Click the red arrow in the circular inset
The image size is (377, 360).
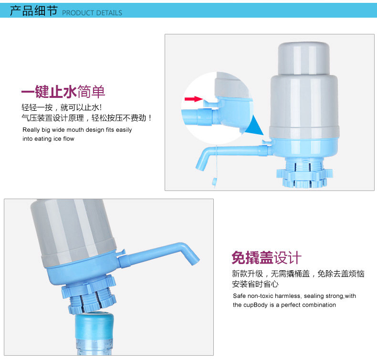pyautogui.click(x=194, y=99)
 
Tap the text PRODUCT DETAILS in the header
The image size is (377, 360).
pyautogui.click(x=92, y=13)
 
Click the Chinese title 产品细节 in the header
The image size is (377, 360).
pyautogui.click(x=34, y=11)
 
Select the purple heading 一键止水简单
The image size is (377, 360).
pyautogui.click(x=63, y=92)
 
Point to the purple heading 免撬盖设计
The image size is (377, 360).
pyautogui.click(x=266, y=257)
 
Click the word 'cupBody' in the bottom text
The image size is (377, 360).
pyautogui.click(x=255, y=305)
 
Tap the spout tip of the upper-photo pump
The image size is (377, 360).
pyautogui.click(x=200, y=167)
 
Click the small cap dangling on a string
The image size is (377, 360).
pyautogui.click(x=214, y=181)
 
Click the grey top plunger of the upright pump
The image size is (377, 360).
pyautogui.click(x=304, y=58)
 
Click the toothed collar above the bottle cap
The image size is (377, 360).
pyautogui.click(x=89, y=293)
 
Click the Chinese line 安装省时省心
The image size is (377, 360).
pyautogui.click(x=255, y=284)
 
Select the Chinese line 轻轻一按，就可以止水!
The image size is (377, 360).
pyautogui.click(x=62, y=107)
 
